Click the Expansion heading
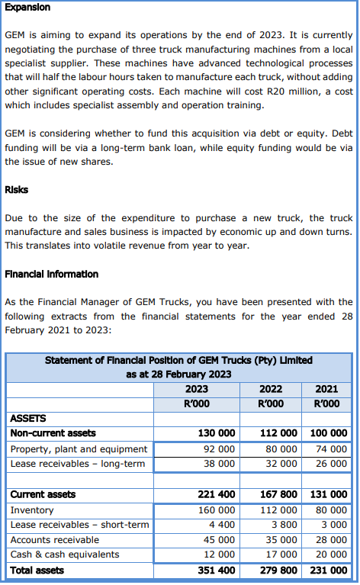point(27,7)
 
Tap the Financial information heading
point(52,274)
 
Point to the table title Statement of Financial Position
point(178,360)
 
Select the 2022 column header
point(272,389)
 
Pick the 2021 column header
point(327,389)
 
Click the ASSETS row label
point(28,418)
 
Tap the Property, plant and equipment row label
point(79,448)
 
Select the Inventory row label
point(32,509)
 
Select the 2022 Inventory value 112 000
point(278,509)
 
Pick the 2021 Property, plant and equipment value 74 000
point(329,448)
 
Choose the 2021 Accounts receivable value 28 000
point(329,540)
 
